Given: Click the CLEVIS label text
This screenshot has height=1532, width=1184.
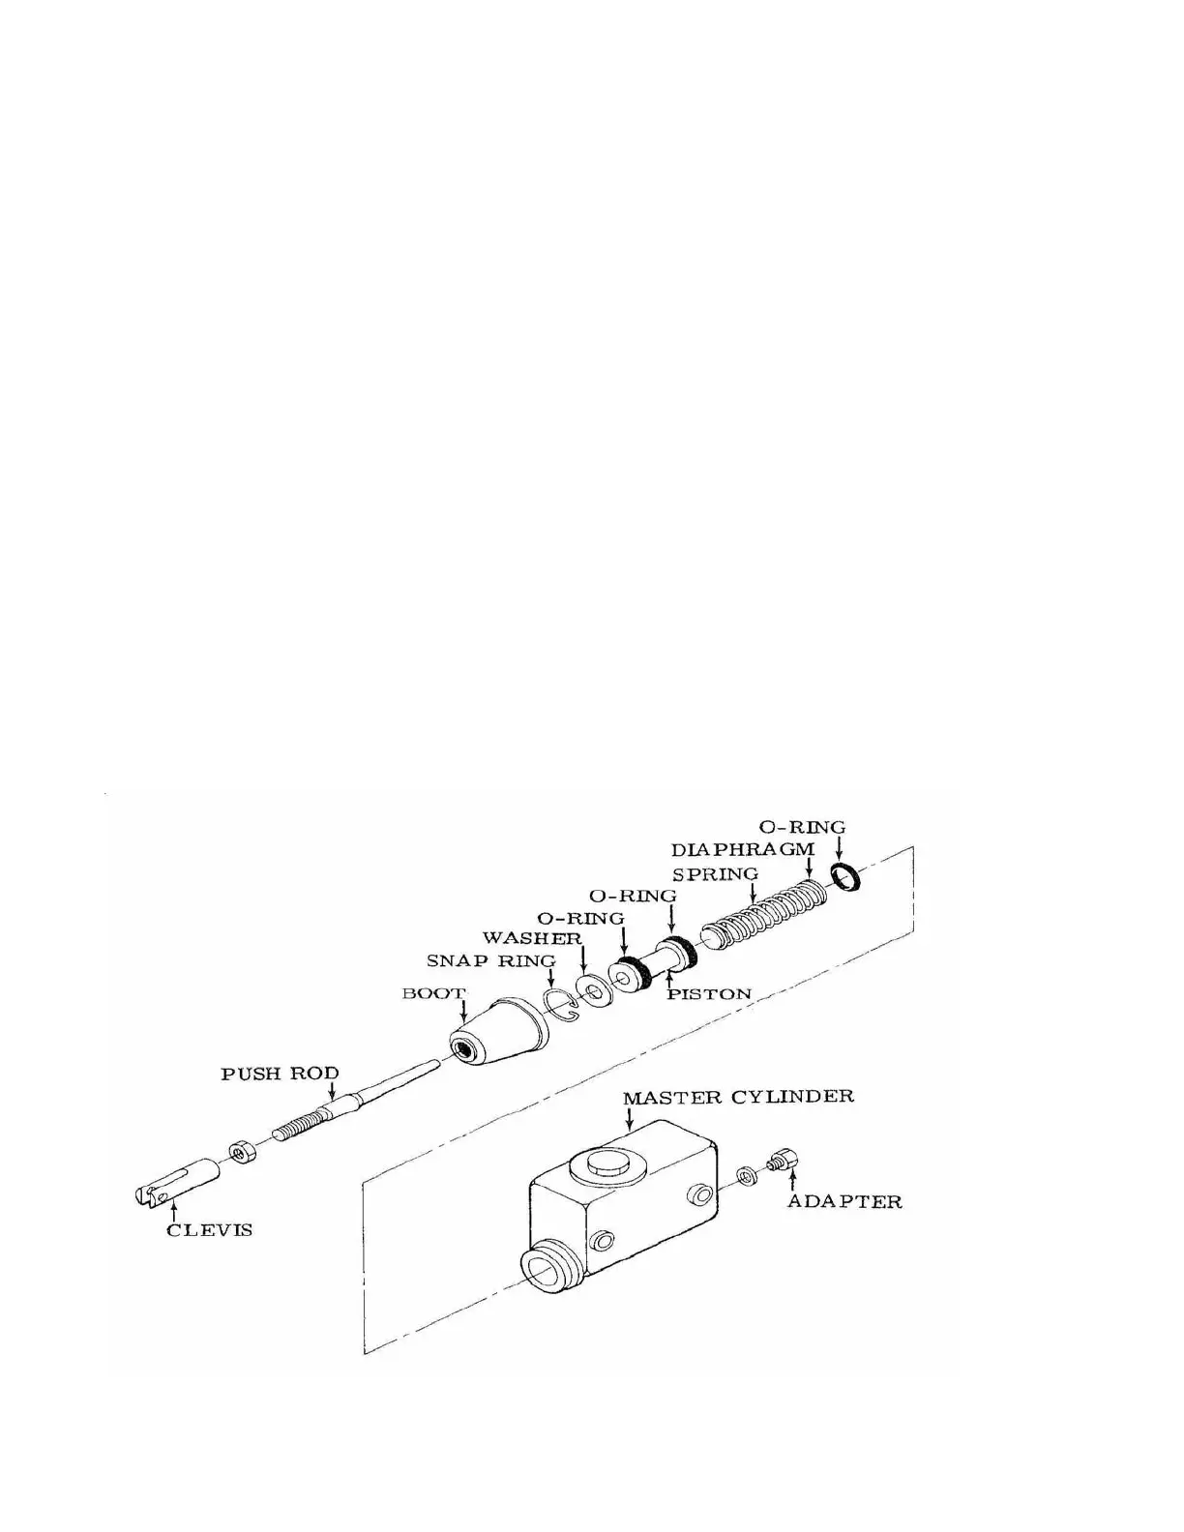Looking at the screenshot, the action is click(210, 1229).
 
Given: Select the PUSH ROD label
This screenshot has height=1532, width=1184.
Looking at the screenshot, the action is click(281, 1074).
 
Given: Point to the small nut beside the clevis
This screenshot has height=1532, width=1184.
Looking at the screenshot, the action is click(241, 1151).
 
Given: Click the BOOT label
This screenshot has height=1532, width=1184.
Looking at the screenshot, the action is click(433, 993).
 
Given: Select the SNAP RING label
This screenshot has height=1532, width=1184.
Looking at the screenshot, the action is click(491, 960).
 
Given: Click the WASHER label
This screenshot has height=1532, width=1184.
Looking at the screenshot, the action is click(532, 938).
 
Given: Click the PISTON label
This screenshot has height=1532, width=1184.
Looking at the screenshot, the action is click(709, 993).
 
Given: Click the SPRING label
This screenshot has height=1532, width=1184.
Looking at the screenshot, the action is click(716, 873).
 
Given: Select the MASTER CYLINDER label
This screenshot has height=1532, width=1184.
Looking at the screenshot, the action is click(739, 1098).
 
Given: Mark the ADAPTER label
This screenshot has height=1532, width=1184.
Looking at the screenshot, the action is click(844, 1202).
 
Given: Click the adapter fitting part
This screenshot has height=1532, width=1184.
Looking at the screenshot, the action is click(782, 1158).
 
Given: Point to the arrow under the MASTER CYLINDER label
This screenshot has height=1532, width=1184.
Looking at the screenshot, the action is click(631, 1120).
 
